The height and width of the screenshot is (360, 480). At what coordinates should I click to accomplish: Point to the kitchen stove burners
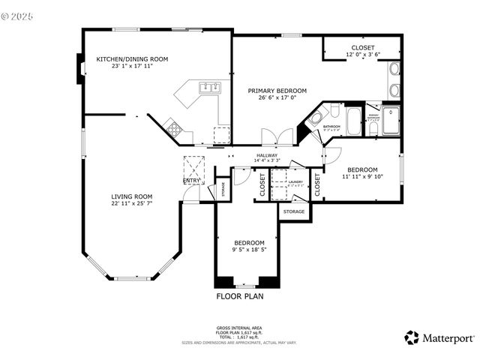tap(174, 128)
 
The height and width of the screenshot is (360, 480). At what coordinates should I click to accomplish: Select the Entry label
tap(191, 180)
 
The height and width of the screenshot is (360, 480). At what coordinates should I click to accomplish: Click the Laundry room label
tap(295, 181)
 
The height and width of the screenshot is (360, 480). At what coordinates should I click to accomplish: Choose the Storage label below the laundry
tap(294, 211)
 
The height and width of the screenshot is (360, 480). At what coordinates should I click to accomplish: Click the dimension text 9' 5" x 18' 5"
tap(248, 250)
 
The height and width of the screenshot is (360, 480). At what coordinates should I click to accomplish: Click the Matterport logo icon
tap(411, 337)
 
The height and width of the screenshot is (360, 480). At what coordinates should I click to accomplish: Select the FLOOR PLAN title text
tap(240, 295)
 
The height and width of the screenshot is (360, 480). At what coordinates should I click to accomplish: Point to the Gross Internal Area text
tap(239, 328)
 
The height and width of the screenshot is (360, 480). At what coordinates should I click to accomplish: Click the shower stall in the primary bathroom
tap(391, 121)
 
